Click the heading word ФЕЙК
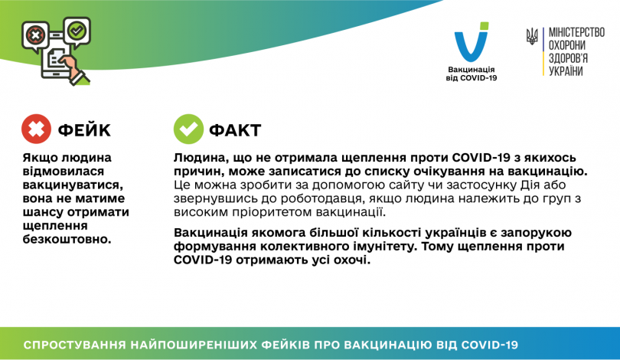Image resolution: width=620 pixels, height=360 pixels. tap(84, 130)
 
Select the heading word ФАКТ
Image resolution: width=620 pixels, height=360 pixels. tap(234, 130)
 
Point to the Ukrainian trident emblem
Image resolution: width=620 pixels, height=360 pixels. tap(533, 36)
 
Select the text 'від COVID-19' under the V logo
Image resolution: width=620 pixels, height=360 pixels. tap(472, 78)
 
